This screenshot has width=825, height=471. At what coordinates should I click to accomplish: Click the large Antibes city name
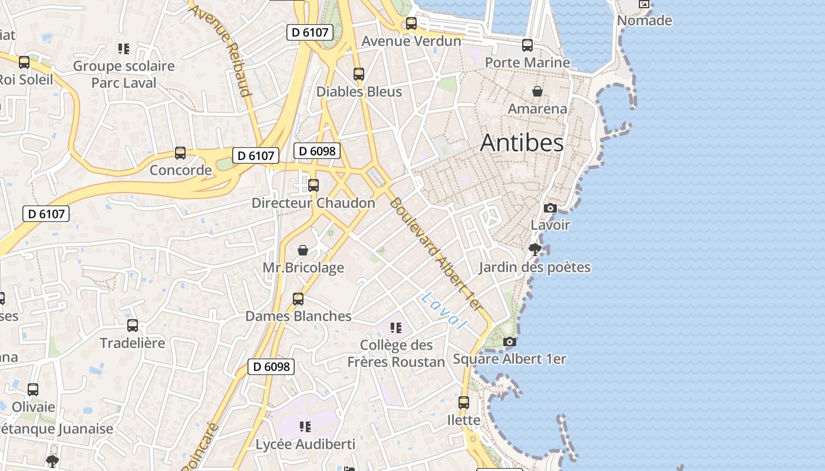coord(522,143)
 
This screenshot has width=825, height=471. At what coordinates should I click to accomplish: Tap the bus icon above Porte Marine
coord(527,45)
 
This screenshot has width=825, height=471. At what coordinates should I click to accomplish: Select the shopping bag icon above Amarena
coord(537,91)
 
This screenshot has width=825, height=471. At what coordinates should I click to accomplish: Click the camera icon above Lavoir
coord(550,208)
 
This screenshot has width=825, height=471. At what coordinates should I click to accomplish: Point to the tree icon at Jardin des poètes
coord(535,250)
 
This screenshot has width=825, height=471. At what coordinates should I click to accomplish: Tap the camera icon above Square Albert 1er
coord(510,341)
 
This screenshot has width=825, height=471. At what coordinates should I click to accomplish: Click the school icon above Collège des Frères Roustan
coord(395,327)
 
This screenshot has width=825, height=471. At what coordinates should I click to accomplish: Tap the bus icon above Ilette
coord(464,403)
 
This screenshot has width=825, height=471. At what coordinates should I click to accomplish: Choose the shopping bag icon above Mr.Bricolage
coord(303,250)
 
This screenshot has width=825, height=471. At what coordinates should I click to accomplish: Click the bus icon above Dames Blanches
coord(298,299)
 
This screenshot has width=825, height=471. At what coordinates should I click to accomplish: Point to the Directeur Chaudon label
coord(313,203)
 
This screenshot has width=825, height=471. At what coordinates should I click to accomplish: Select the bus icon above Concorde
coord(180,153)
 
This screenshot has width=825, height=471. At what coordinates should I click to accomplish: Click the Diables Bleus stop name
coord(359,92)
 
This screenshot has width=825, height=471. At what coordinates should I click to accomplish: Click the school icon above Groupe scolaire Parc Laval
coord(123,48)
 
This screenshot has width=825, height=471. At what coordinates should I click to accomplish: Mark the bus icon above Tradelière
coord(133,326)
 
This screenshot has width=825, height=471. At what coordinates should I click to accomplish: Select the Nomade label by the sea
coord(644,21)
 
